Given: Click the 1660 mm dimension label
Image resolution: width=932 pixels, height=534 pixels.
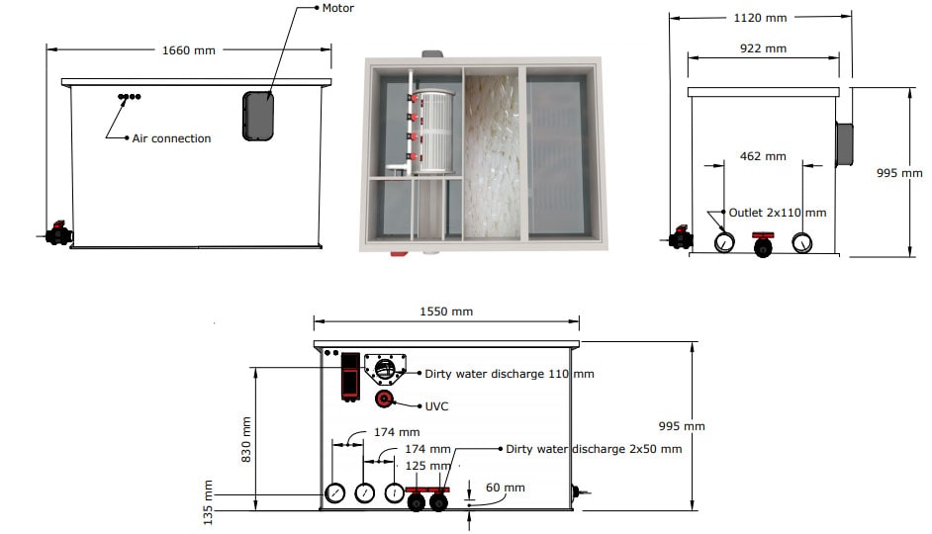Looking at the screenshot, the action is (x=188, y=50).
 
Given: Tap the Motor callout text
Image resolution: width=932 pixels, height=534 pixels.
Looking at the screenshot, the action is (x=337, y=8).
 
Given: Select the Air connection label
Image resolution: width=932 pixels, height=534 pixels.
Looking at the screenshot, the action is (x=171, y=138).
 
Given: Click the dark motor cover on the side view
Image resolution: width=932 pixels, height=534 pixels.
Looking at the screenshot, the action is (x=258, y=116).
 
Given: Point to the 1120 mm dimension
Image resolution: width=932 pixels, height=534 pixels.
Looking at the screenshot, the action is (x=760, y=18).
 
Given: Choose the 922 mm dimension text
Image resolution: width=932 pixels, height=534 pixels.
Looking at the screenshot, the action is (x=763, y=48).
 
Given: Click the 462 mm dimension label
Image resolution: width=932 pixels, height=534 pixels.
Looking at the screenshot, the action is (x=763, y=156).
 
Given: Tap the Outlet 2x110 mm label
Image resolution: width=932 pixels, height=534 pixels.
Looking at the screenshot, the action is (x=777, y=213).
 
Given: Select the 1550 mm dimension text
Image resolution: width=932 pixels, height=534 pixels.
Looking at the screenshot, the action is (x=446, y=311).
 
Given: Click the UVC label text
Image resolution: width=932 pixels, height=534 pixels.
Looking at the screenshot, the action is (x=436, y=406).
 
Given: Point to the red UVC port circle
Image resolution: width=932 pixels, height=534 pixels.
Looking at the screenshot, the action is (x=384, y=399).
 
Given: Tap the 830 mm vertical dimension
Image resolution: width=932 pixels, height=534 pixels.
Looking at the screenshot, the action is (x=246, y=439).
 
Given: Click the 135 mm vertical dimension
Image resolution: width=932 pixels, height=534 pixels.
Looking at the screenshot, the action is (x=208, y=502).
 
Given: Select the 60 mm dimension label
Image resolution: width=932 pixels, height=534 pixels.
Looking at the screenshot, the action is (x=506, y=488).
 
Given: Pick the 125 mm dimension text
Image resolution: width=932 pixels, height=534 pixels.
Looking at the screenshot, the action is (x=427, y=466).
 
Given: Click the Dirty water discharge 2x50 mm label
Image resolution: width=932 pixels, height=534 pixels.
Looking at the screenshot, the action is (x=594, y=449).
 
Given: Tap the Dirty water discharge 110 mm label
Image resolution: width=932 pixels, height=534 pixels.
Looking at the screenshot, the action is (x=510, y=374).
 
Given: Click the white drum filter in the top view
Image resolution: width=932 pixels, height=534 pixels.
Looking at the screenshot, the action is (x=432, y=132).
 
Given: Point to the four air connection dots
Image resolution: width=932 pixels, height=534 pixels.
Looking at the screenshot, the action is (x=129, y=97).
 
